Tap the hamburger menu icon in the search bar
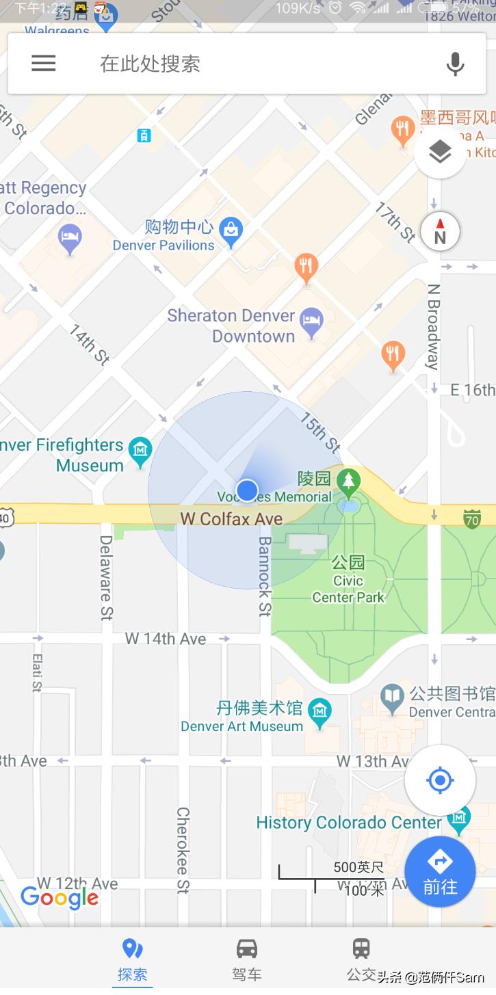43,64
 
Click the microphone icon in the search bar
455,64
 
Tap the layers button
440,152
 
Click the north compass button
440,231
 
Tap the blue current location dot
247,490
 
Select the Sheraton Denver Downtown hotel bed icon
312,323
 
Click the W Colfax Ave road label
231,519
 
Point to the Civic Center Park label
348,589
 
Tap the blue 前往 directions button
440,871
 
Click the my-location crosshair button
440,780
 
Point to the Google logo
60,897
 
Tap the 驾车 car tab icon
247,949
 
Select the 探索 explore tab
132,959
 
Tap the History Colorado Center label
348,823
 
